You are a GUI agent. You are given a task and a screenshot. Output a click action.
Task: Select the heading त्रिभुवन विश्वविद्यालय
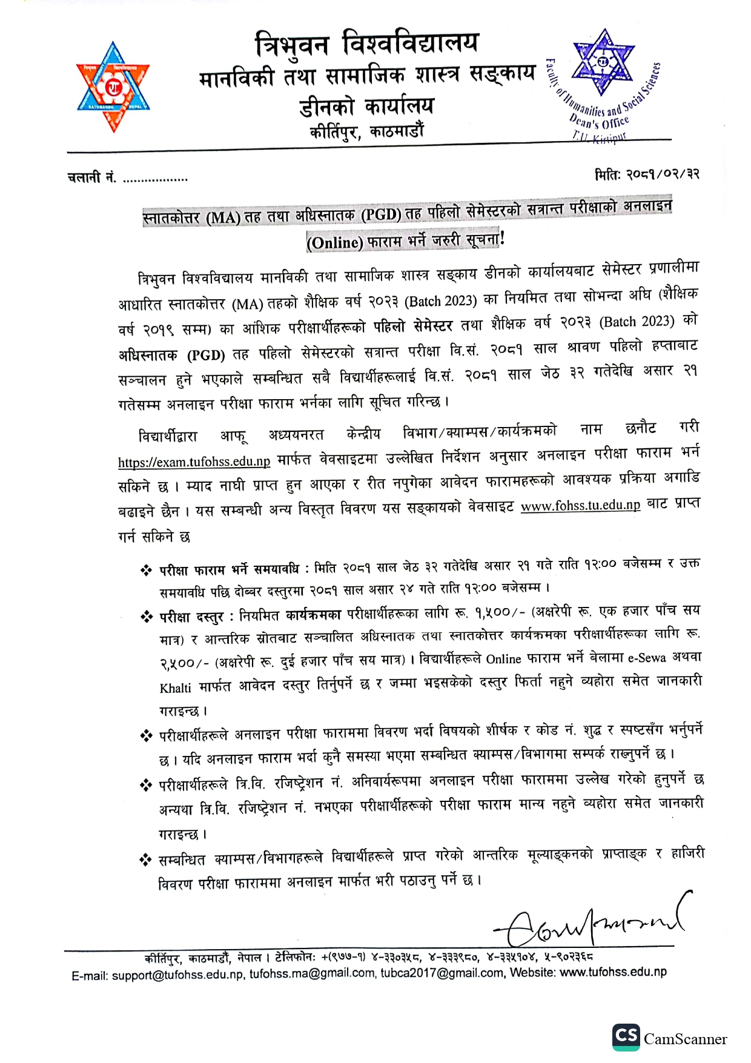tap(366, 44)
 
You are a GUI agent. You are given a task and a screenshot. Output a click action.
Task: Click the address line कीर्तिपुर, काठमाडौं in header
tap(366, 131)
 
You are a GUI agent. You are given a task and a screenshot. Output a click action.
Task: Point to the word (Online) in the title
tap(334, 243)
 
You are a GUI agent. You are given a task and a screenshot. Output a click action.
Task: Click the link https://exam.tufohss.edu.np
tap(194, 462)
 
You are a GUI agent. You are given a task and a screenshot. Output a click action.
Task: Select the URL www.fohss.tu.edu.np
tap(580, 505)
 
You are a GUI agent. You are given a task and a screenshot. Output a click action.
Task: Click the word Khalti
tap(175, 688)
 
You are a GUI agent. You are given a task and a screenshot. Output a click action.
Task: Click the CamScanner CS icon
tap(626, 1038)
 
